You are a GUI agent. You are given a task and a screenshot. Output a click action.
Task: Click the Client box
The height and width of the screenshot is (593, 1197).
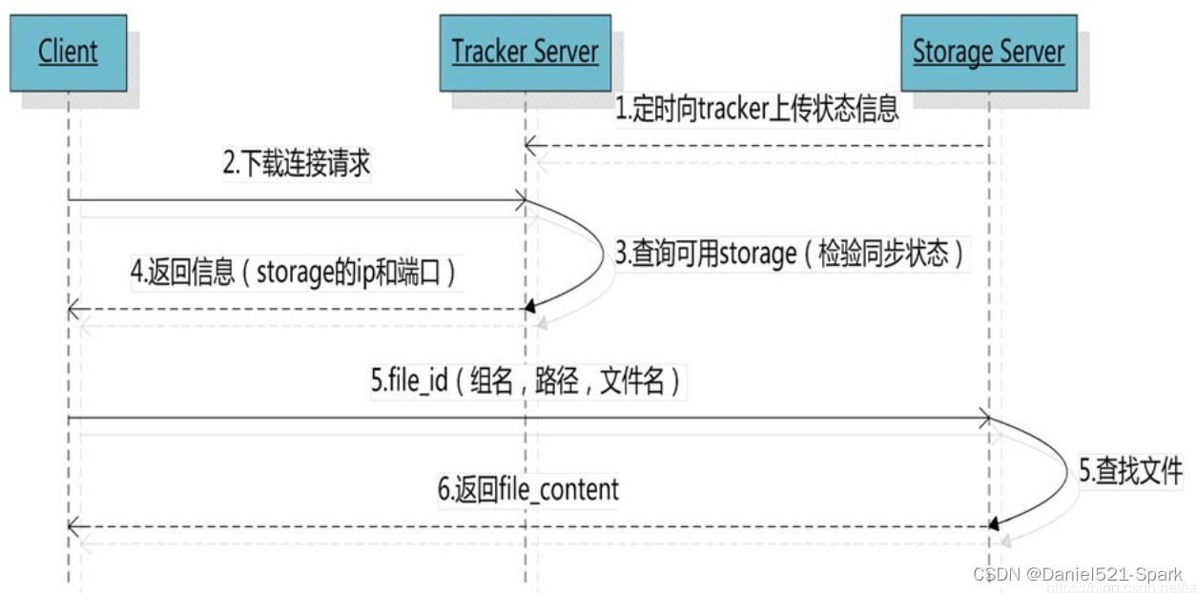(x=68, y=51)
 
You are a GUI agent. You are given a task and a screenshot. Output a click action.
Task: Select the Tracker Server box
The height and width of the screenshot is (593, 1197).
(x=525, y=51)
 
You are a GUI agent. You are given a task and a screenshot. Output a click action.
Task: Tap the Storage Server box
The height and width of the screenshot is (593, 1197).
(x=988, y=51)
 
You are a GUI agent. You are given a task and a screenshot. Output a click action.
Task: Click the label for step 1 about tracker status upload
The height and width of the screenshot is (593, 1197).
(x=756, y=109)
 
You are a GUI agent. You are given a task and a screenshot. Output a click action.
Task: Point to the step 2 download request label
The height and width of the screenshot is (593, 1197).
(x=297, y=164)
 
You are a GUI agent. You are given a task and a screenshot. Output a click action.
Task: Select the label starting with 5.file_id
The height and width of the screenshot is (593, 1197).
(x=526, y=383)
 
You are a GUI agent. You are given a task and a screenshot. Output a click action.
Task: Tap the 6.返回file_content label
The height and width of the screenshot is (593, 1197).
(x=528, y=490)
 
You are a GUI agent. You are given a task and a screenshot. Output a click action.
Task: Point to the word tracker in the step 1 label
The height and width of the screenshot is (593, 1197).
(x=733, y=110)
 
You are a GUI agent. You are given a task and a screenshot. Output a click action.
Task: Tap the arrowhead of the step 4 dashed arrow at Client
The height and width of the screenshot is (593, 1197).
(x=74, y=309)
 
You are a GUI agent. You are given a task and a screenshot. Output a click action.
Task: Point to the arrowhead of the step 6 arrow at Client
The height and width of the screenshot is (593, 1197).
(x=74, y=526)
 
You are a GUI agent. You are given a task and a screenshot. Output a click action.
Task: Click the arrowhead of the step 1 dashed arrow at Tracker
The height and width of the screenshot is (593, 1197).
(x=530, y=146)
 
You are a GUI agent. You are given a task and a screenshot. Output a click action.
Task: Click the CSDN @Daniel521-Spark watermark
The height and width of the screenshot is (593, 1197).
(x=1078, y=573)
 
